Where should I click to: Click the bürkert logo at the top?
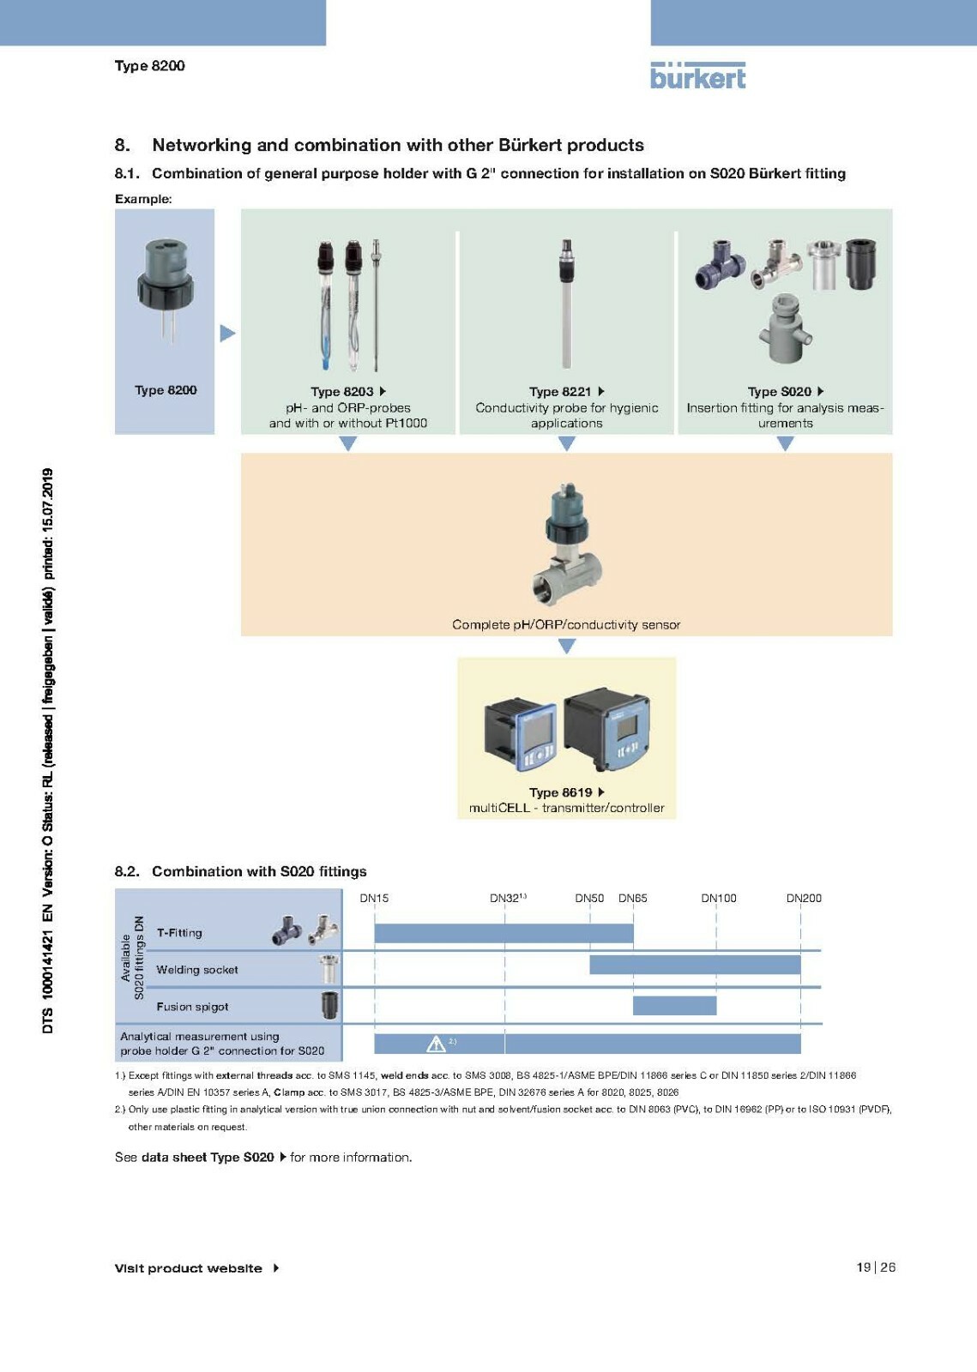pos(697,75)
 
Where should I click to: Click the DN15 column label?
pos(374,898)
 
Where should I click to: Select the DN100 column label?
pos(719,898)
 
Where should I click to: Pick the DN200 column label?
pos(804,898)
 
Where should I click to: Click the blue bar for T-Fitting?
pos(504,933)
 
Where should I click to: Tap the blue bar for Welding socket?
pos(695,965)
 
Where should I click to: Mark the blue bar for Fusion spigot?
pos(674,1005)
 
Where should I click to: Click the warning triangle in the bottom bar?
pos(436,1044)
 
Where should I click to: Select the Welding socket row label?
pos(197,970)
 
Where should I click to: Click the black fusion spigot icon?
pos(329,1005)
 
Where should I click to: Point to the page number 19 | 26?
pos(875,1267)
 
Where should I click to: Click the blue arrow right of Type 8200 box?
pos(227,333)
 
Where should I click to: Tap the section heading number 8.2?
pos(127,871)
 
